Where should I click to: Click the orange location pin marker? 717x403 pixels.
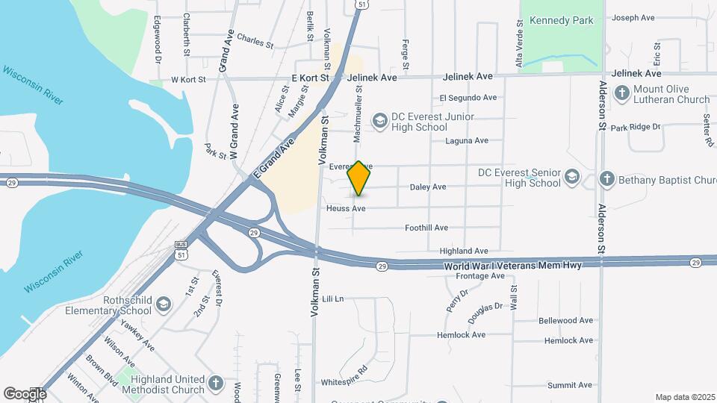(359, 178)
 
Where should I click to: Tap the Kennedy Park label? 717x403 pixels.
(560, 20)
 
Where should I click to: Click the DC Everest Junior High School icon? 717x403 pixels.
(380, 121)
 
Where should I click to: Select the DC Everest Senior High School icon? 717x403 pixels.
(573, 177)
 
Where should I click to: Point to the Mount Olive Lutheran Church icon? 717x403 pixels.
(621, 93)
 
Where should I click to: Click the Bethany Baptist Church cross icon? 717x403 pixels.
(607, 180)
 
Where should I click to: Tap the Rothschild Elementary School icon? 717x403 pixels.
(164, 304)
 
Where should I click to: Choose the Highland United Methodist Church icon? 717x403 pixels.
(216, 384)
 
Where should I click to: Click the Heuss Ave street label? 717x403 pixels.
(346, 208)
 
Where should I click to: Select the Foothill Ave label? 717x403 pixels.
(426, 228)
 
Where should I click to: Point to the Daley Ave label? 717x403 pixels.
(428, 187)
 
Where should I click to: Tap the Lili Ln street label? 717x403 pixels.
(333, 299)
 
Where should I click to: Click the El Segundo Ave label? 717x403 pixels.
(468, 98)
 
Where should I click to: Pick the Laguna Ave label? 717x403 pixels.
(467, 140)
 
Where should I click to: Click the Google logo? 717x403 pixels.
(25, 393)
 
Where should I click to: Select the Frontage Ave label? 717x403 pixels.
(480, 276)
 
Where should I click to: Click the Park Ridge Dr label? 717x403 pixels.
(636, 128)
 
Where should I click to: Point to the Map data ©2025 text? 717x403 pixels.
(683, 397)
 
